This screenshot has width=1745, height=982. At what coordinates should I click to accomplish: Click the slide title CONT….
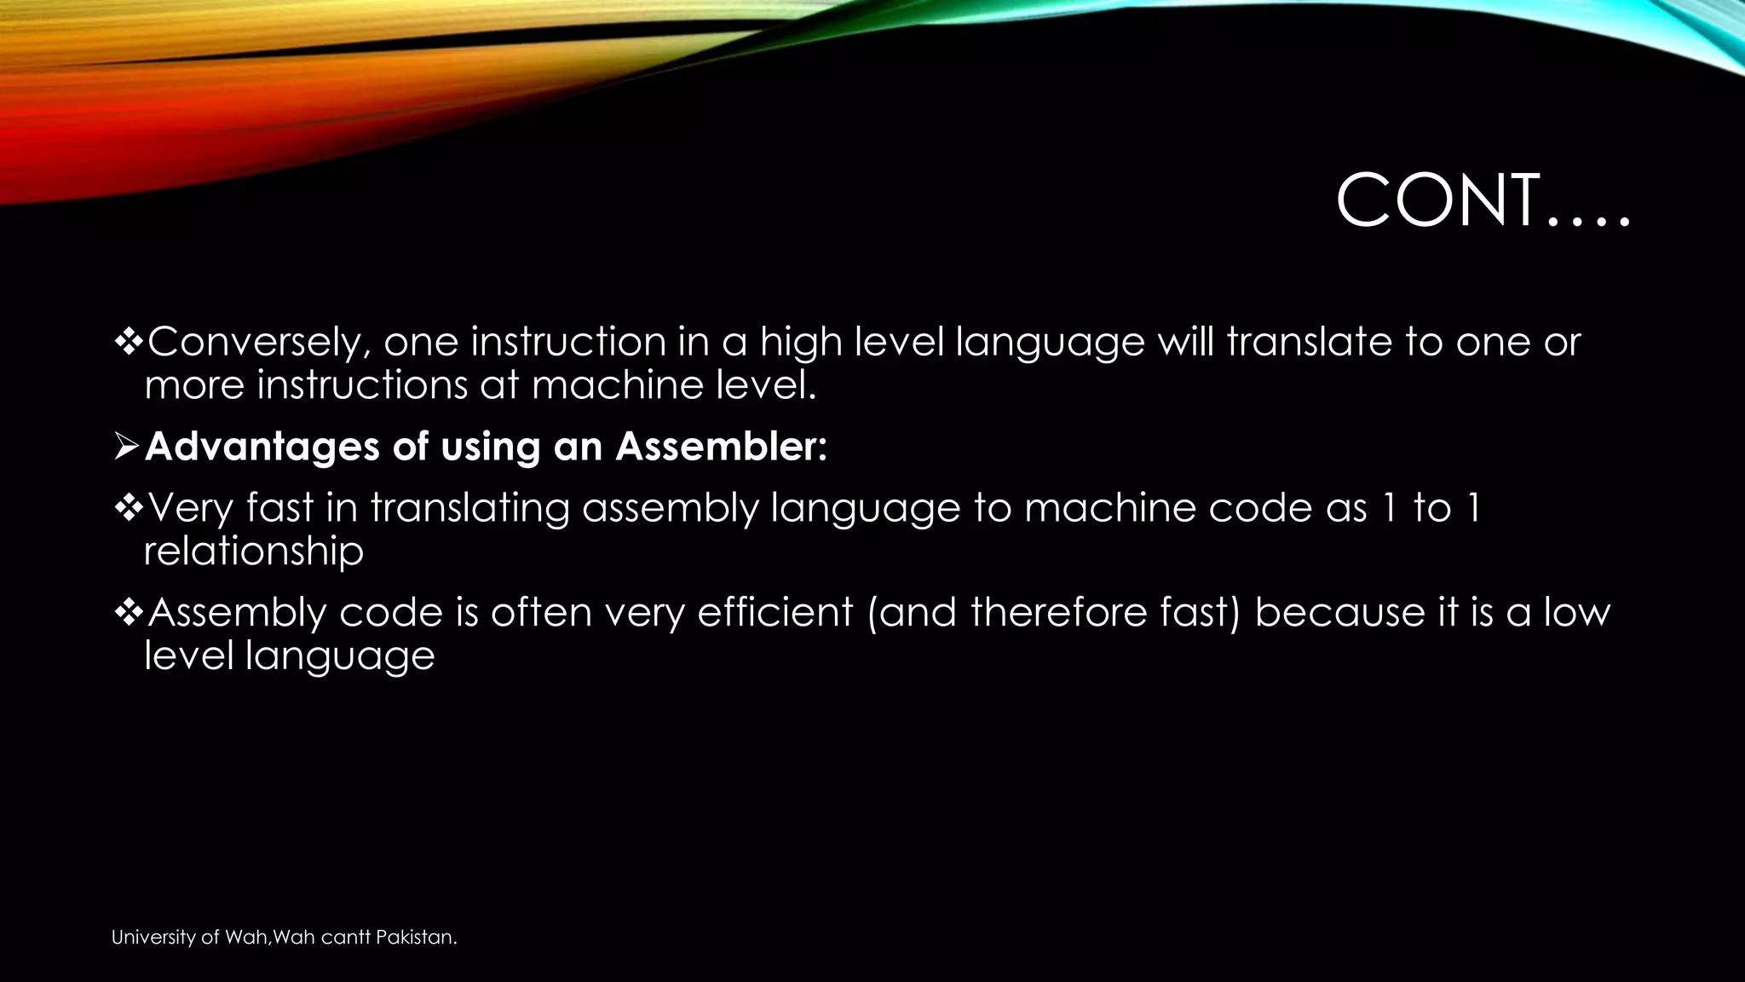point(1483,201)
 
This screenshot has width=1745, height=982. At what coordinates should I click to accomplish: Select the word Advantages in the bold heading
point(262,447)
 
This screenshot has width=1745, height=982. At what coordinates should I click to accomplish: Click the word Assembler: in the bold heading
point(721,447)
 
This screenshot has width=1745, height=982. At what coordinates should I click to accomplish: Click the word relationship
point(254,552)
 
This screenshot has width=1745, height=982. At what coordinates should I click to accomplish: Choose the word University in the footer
point(153,938)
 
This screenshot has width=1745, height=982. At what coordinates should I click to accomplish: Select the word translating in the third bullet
point(469,509)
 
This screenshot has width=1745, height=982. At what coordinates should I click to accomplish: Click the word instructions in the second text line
point(361,384)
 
